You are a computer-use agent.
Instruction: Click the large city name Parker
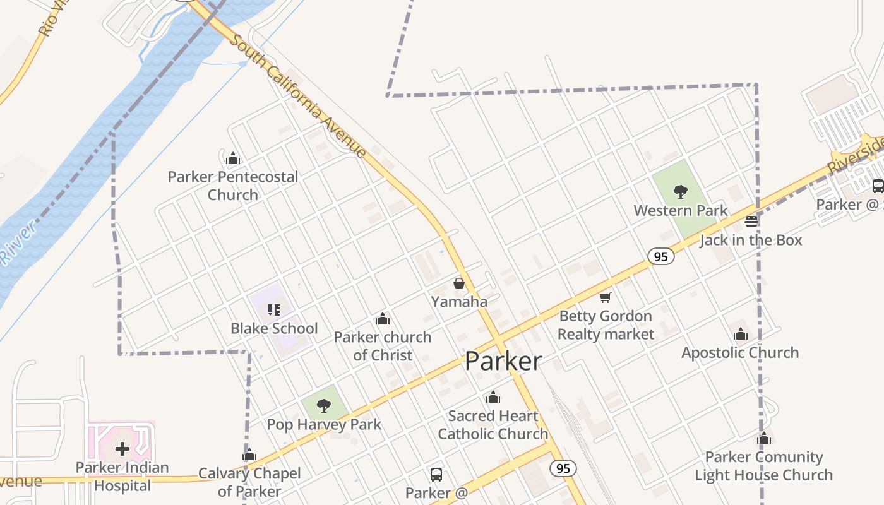tap(503, 361)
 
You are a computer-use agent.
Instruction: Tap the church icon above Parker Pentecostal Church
tap(233, 158)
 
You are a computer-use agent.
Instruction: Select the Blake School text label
tap(274, 328)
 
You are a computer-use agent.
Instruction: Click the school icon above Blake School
tap(273, 309)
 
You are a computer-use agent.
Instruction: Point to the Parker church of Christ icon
tap(382, 319)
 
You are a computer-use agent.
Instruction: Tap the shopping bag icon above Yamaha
tap(459, 283)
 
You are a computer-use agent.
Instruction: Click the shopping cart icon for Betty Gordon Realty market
tap(606, 297)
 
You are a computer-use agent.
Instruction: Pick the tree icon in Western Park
tap(680, 191)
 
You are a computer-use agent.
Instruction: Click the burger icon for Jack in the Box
tap(751, 222)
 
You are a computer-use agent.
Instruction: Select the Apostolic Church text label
tap(740, 352)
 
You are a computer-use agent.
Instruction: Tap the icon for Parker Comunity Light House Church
tap(764, 438)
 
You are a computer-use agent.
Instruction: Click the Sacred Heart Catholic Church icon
tap(493, 398)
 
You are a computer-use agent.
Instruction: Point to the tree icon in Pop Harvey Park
tap(324, 405)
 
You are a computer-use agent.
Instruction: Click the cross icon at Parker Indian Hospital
tap(122, 449)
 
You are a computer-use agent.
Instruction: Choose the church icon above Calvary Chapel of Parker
tap(249, 455)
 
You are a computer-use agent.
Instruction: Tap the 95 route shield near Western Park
tap(660, 256)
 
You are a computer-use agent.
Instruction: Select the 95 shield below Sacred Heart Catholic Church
tap(563, 468)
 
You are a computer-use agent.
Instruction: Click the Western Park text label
tap(681, 210)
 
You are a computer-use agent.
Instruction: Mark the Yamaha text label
tap(459, 302)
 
